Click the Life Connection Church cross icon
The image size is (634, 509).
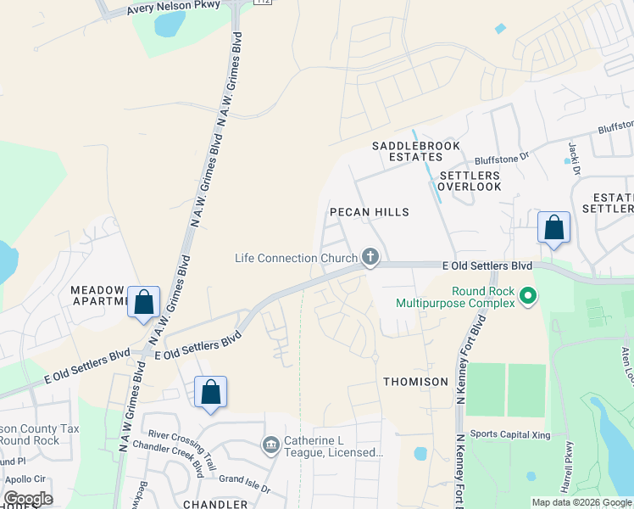click(x=370, y=256)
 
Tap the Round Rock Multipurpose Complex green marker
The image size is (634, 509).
click(x=528, y=296)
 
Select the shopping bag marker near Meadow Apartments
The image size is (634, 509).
click(x=143, y=302)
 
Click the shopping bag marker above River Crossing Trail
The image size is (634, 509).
click(x=210, y=392)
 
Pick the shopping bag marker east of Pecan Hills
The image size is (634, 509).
click(x=553, y=227)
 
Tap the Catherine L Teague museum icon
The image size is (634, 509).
click(x=271, y=445)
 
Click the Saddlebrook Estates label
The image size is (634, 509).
click(x=415, y=151)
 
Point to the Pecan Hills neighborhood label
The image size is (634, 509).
click(x=369, y=212)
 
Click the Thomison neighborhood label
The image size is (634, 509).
click(x=415, y=382)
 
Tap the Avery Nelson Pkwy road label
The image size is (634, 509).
click(x=173, y=8)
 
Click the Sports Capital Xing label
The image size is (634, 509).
click(x=510, y=435)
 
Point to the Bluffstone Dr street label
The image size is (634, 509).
click(x=501, y=156)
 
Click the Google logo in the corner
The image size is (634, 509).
click(x=28, y=499)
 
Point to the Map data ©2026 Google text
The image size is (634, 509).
click(x=581, y=502)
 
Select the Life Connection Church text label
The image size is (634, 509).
click(x=296, y=258)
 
